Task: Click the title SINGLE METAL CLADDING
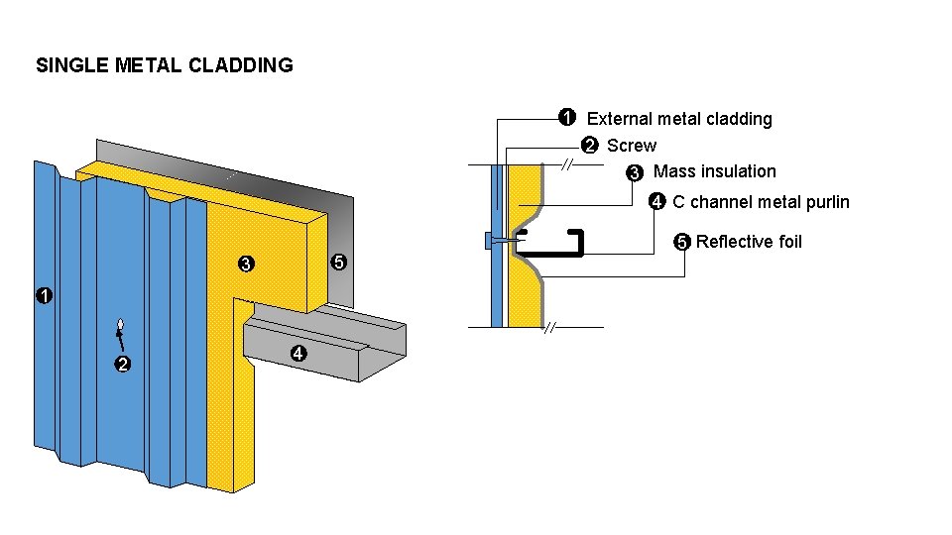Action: [x=164, y=66]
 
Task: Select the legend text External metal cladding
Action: [x=679, y=119]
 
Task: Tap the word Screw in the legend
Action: [x=631, y=146]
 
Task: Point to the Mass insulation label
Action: [x=714, y=172]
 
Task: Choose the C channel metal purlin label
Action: [x=761, y=203]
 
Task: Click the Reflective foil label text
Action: [x=749, y=243]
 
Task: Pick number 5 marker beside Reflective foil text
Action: [x=682, y=243]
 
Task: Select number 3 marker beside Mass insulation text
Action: [x=635, y=173]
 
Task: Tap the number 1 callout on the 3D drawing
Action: [x=44, y=296]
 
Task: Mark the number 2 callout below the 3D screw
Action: [x=122, y=365]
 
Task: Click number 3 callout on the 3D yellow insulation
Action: [x=245, y=265]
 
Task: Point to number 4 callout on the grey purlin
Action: [x=297, y=355]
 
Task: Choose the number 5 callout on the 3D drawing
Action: [x=338, y=263]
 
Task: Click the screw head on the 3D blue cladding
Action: [x=120, y=326]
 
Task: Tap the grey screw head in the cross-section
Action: [x=489, y=241]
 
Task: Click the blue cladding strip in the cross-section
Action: [x=497, y=287]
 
